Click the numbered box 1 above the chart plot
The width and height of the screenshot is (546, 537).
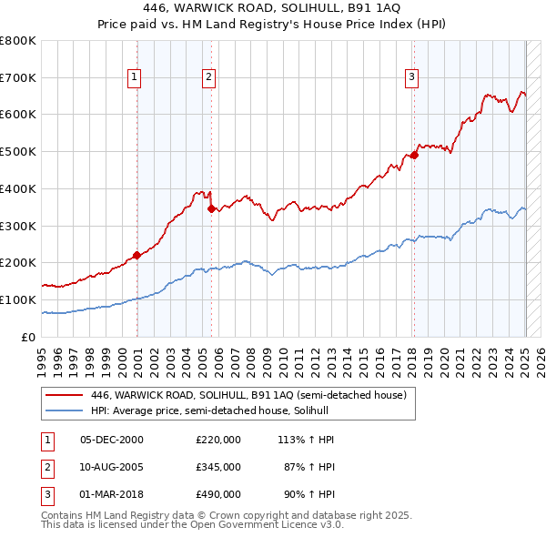point(134,78)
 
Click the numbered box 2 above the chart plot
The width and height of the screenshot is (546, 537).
point(208,78)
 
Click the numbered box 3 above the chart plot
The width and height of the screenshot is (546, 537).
point(411,78)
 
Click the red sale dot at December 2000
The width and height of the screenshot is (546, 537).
point(136,255)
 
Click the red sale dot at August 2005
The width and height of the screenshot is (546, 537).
point(211,208)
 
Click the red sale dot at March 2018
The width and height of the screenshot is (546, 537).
point(414,155)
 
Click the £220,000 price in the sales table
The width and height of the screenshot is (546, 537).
point(218,440)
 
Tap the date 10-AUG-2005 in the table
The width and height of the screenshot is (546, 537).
point(112,467)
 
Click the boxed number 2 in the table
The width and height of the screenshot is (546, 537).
point(45,467)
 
